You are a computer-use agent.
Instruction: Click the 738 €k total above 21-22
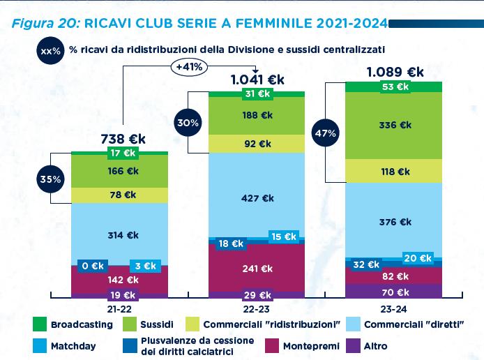[123, 138]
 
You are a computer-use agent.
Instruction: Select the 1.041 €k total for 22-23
[257, 80]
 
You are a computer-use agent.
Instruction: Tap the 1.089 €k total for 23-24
[395, 72]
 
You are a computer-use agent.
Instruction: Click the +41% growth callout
[189, 68]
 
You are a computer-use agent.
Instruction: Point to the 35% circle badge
[51, 179]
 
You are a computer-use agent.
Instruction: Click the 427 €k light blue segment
[257, 198]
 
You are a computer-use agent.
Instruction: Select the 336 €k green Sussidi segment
[395, 126]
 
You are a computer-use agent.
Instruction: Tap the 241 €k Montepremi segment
[257, 269]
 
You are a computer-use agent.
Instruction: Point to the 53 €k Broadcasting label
[395, 87]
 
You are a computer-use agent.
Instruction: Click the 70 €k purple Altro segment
[395, 292]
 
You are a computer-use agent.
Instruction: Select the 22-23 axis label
[257, 308]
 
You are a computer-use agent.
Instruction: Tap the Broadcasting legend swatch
[40, 324]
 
